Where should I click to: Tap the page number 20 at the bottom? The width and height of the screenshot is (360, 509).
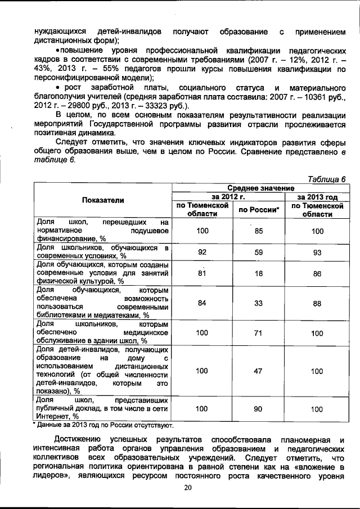pos(187,487)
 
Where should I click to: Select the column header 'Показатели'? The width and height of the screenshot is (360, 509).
pos(103,200)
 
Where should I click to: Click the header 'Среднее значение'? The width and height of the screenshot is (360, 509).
pos(260,187)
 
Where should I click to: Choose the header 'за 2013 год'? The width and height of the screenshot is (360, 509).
pos(317,197)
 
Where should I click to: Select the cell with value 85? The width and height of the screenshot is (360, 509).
pos(259,231)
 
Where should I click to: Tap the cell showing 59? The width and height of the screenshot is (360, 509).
pos(259,253)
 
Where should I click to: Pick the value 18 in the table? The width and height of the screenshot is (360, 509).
pos(259,273)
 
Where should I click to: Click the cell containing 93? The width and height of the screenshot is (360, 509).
pos(317,253)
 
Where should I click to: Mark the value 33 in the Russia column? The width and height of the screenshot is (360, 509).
pos(259,303)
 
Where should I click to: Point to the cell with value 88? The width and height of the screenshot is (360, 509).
pos(317,303)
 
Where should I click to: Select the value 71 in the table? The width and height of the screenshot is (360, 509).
pos(259,333)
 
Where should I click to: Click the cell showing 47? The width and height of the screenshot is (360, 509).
pos(259,371)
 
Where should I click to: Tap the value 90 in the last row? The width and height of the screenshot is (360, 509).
pos(259,409)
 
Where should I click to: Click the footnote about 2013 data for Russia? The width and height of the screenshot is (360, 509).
pos(103,425)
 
